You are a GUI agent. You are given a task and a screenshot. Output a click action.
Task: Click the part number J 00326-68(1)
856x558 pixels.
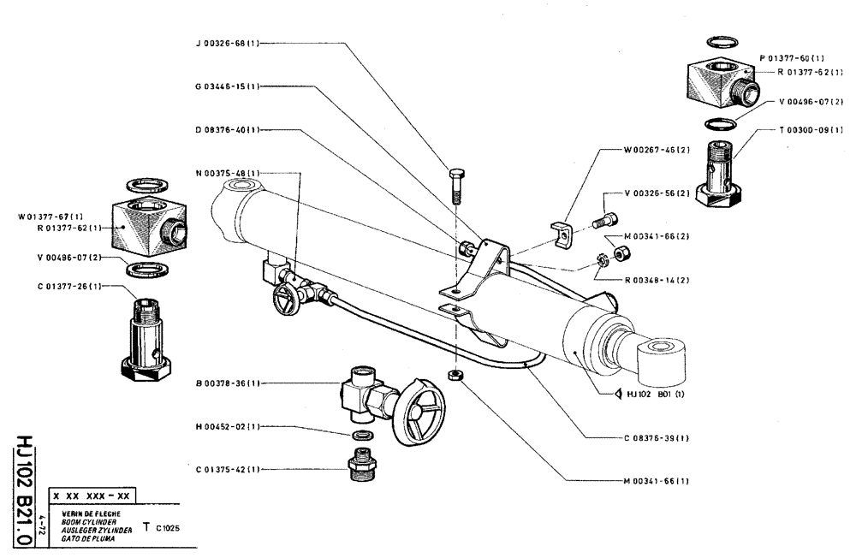tap(224, 42)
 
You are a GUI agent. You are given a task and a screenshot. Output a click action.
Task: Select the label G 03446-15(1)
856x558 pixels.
tap(224, 86)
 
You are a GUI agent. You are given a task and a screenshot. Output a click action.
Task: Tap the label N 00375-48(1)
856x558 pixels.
tap(224, 173)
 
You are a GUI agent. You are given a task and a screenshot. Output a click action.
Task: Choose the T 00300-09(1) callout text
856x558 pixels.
tap(811, 130)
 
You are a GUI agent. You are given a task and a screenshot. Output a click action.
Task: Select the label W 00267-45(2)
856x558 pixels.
tap(657, 150)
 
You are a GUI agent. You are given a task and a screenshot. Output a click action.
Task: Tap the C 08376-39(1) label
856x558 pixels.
tap(657, 437)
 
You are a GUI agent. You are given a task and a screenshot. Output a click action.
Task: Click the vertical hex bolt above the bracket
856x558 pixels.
tap(455, 182)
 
